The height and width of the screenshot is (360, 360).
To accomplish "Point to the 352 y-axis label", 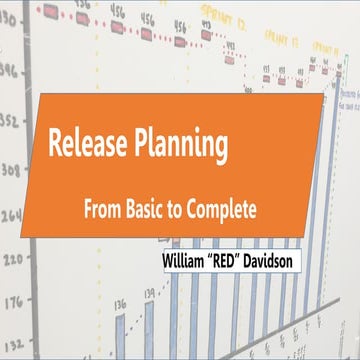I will coord(11,119).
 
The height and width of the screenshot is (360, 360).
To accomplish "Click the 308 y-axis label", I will coord(11,169).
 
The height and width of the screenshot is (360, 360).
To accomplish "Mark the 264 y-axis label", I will coord(11,214).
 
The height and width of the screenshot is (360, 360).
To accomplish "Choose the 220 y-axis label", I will coord(12,259).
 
